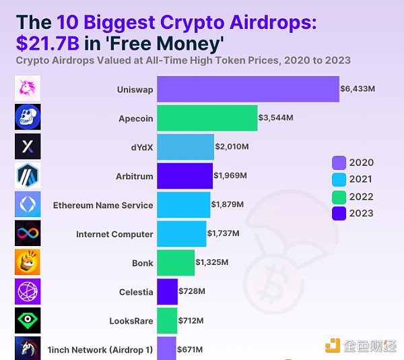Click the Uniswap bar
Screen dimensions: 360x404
point(248,89)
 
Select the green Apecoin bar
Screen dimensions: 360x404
point(207,118)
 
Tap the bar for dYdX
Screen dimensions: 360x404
point(185,147)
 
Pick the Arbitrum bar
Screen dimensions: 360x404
point(184,176)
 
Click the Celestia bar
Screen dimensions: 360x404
point(167,292)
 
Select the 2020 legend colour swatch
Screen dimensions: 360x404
point(339,162)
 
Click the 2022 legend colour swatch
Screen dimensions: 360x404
point(339,197)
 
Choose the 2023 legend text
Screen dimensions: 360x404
point(362,214)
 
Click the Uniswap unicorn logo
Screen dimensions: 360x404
point(28,88)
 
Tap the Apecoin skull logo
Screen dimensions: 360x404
point(28,117)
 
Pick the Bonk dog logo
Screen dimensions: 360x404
point(28,262)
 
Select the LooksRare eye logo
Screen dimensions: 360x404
point(28,320)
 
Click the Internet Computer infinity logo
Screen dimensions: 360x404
point(28,233)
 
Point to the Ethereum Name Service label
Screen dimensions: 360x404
point(103,205)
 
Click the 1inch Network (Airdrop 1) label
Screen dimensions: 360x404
point(100,350)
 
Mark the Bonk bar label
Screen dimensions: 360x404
point(143,263)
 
